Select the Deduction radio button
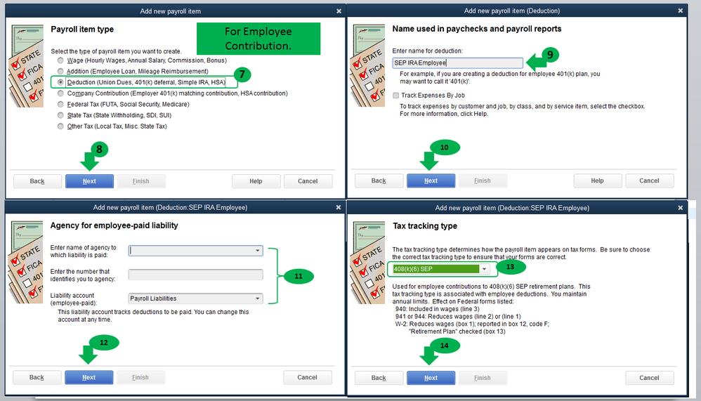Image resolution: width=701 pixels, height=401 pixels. pos(60,82)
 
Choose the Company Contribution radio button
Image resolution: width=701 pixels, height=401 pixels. pos(60,93)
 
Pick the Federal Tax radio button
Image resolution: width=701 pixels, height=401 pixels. pos(60,104)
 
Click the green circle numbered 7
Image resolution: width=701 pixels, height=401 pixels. pos(242,74)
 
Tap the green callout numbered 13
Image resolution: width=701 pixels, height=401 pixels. pos(510,267)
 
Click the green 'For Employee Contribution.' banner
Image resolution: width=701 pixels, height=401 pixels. pos(258,39)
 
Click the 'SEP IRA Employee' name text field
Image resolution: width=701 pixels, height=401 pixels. pos(457,63)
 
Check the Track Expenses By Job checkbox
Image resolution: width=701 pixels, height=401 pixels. pos(395,96)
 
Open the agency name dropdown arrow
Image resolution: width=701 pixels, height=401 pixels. pos(258,251)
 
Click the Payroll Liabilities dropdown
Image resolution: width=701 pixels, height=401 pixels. pos(195,298)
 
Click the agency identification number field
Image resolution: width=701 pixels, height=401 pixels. pos(195,275)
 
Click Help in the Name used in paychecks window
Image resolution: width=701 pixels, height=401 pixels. pos(597,180)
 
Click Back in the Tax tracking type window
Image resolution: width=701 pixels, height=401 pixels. pos(379,378)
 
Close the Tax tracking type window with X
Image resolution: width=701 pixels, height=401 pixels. pos(681,208)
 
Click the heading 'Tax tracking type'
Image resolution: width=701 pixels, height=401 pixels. pos(425,225)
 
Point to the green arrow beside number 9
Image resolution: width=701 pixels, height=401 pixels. pos(536,62)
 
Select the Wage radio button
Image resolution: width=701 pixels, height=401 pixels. pos(60,60)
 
